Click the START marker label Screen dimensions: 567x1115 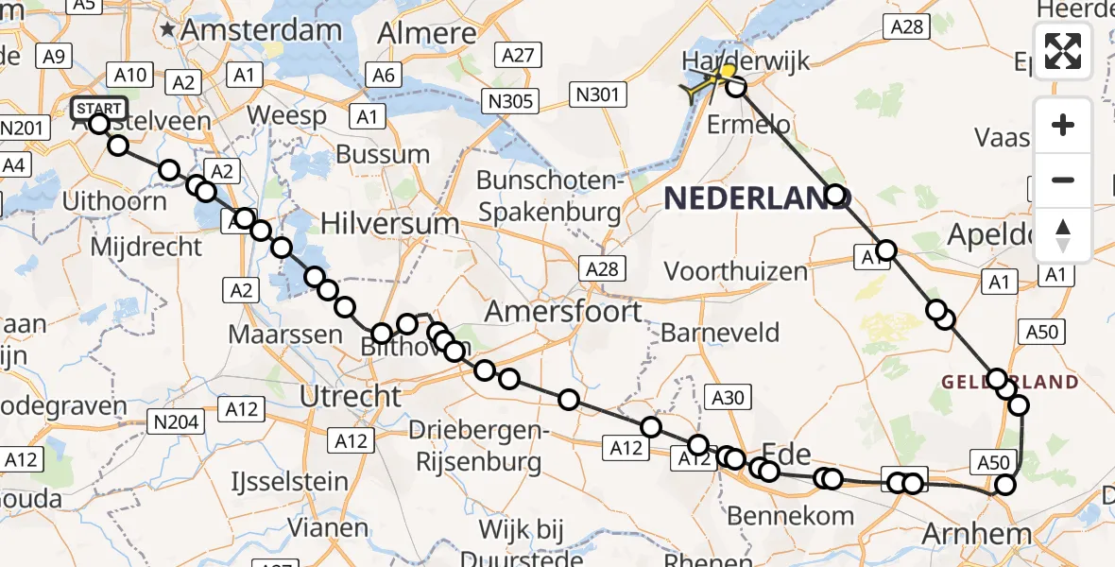[98, 107]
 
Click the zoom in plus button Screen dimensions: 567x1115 [1063, 125]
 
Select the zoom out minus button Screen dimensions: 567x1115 [1063, 180]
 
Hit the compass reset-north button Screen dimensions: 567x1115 [1063, 235]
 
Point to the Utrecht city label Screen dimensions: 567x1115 [351, 397]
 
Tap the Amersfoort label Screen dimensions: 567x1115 [563, 311]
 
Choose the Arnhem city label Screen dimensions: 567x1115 [976, 534]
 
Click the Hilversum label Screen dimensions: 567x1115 [389, 224]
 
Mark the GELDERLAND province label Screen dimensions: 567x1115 [1009, 382]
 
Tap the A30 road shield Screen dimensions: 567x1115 [728, 398]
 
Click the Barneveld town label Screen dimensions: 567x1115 [720, 333]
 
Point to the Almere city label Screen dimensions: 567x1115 [427, 34]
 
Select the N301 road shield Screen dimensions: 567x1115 [598, 94]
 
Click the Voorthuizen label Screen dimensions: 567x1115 [736, 272]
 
